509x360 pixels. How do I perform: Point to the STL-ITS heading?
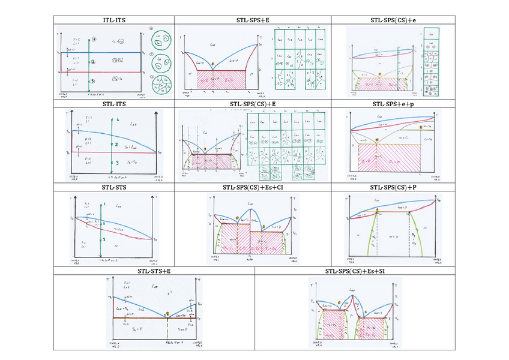[114, 104]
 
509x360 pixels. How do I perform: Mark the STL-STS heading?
[114, 187]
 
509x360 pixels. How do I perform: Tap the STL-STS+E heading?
[154, 271]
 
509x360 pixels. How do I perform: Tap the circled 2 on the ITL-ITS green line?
[93, 61]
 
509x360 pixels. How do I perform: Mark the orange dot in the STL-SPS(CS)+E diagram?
[205, 148]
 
